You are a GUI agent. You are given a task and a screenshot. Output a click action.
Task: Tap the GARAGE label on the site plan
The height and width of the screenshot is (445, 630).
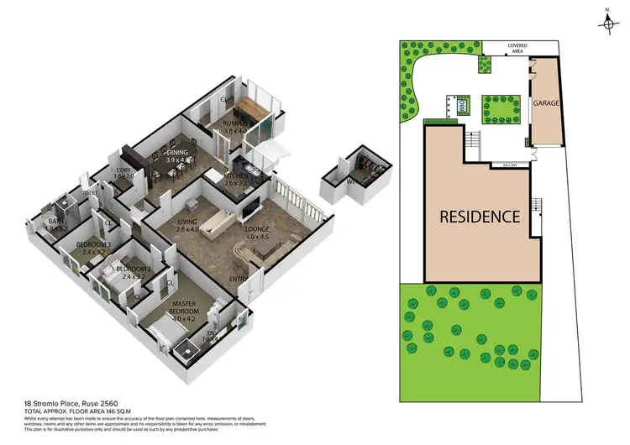[x=545, y=102]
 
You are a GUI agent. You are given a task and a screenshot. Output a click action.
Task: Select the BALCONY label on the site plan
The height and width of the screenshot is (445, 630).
[x=505, y=165]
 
